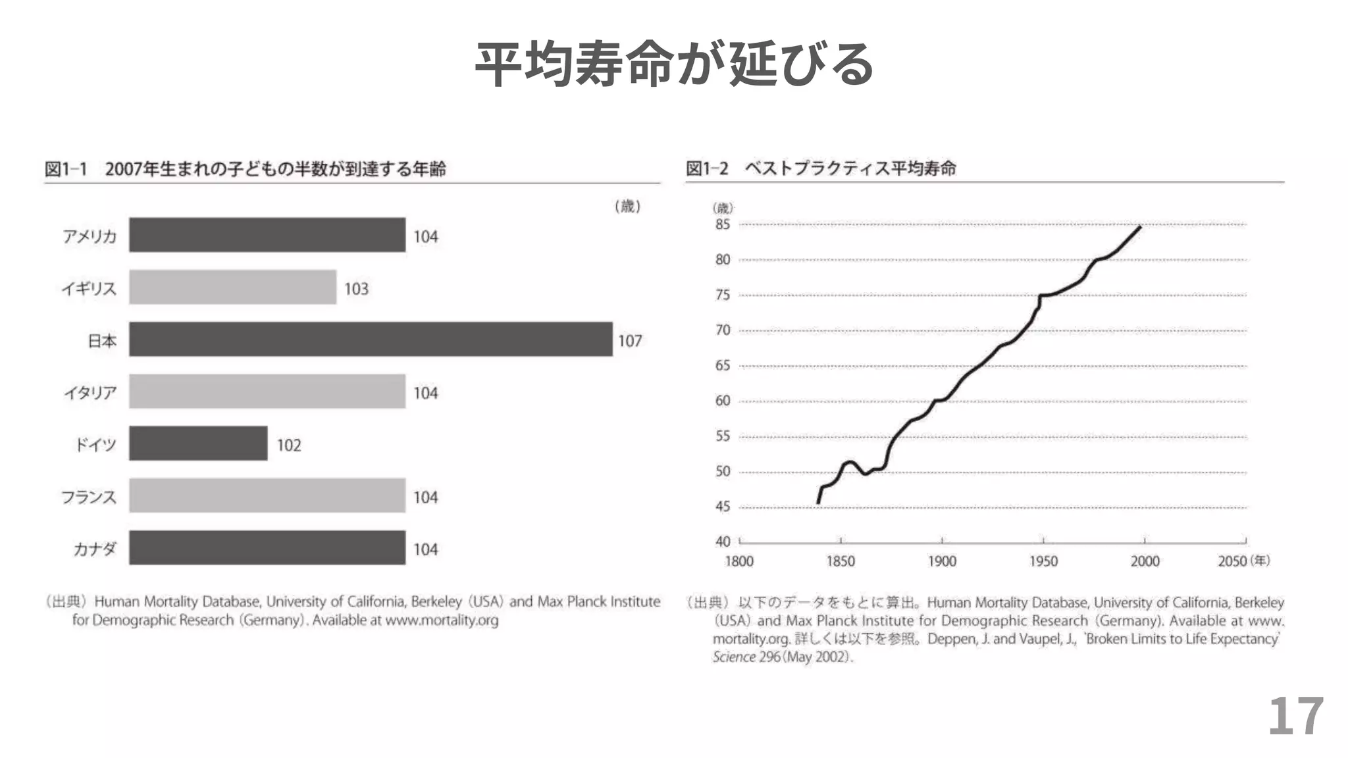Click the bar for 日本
(x=371, y=340)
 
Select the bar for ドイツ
(x=198, y=443)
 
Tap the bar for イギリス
(x=232, y=287)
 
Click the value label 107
(x=630, y=341)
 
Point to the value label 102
(x=289, y=445)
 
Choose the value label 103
(x=356, y=289)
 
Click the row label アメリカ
(x=90, y=236)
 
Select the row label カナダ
(x=95, y=549)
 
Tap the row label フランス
(x=89, y=497)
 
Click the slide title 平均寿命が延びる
(x=674, y=64)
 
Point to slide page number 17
(x=1295, y=717)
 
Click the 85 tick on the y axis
(x=723, y=224)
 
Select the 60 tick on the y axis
(x=723, y=401)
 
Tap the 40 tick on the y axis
(x=723, y=542)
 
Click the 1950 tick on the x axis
(x=1043, y=561)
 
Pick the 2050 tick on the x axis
(x=1232, y=561)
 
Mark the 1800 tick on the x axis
(x=739, y=561)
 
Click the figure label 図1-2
(x=707, y=168)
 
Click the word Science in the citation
(x=734, y=657)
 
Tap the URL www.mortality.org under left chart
(x=442, y=620)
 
